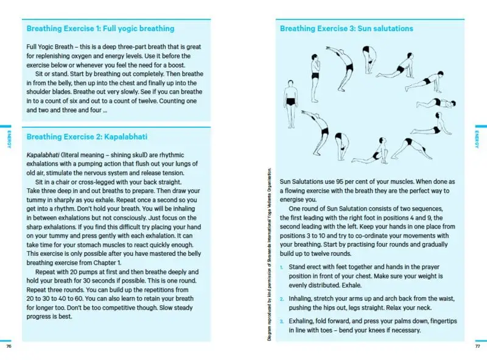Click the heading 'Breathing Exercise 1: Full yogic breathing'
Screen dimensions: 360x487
point(100,29)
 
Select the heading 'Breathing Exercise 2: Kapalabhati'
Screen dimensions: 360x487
point(87,137)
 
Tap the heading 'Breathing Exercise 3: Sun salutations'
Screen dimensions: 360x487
point(346,29)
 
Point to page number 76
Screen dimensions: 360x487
point(9,347)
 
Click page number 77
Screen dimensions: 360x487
point(478,347)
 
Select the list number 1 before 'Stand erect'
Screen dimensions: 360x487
point(282,267)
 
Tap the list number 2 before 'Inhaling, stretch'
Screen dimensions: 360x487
point(282,299)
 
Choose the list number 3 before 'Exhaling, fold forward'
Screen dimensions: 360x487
point(282,320)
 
